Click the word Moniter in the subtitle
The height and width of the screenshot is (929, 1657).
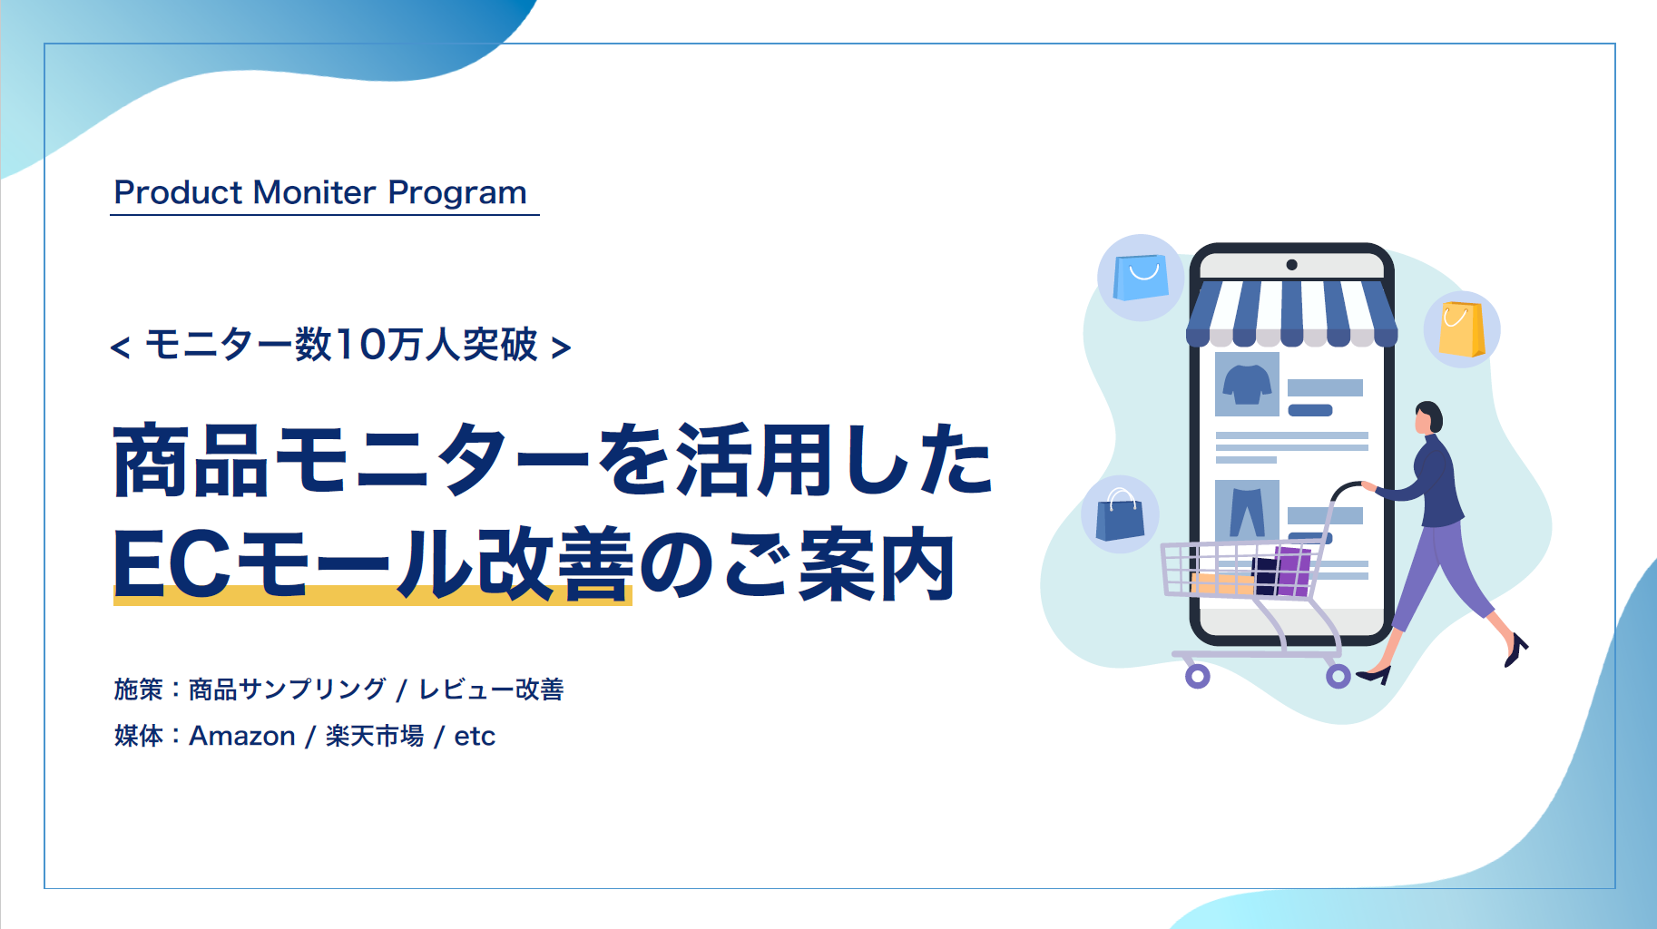coord(314,192)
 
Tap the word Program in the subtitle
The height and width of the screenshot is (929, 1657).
coord(456,193)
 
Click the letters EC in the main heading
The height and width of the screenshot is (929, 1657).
coord(171,564)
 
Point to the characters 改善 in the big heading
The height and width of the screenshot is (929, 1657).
coord(554,564)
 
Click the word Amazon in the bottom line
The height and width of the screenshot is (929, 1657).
coord(241,736)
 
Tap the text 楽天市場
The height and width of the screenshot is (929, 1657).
coord(374,736)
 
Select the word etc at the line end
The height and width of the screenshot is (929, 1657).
coord(475,736)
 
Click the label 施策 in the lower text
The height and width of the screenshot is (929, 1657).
coord(138,689)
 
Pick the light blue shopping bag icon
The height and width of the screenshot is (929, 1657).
coord(1140,277)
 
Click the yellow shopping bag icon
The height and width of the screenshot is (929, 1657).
coord(1461,329)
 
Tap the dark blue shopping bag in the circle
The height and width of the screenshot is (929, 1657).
coord(1120,515)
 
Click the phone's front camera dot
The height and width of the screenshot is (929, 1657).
coord(1291,265)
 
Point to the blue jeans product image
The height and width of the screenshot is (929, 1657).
coord(1247,510)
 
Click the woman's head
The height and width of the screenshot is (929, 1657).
coord(1428,416)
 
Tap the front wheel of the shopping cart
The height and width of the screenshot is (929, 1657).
coord(1197,676)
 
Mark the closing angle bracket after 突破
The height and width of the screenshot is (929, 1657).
coord(561,347)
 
